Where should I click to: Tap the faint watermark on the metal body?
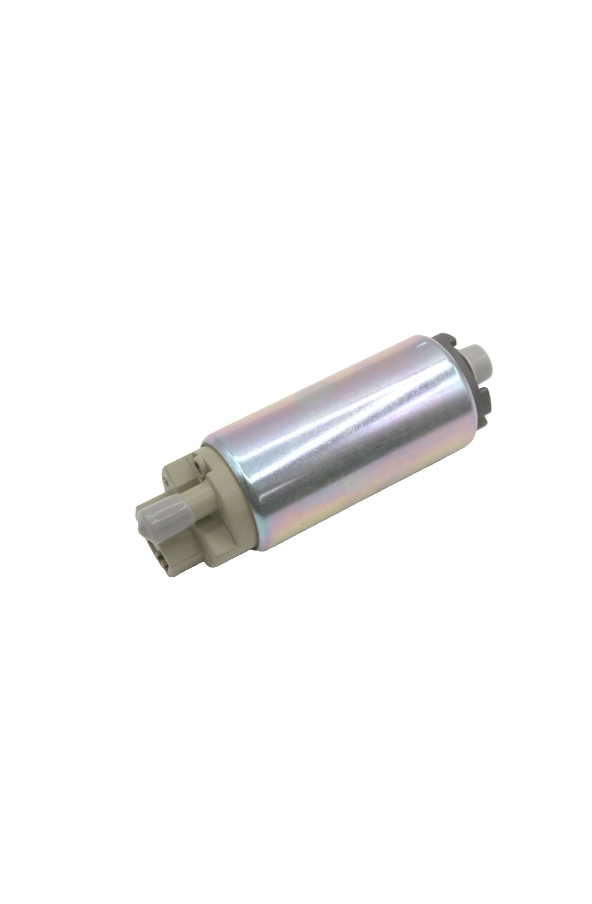coord(328,412)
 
